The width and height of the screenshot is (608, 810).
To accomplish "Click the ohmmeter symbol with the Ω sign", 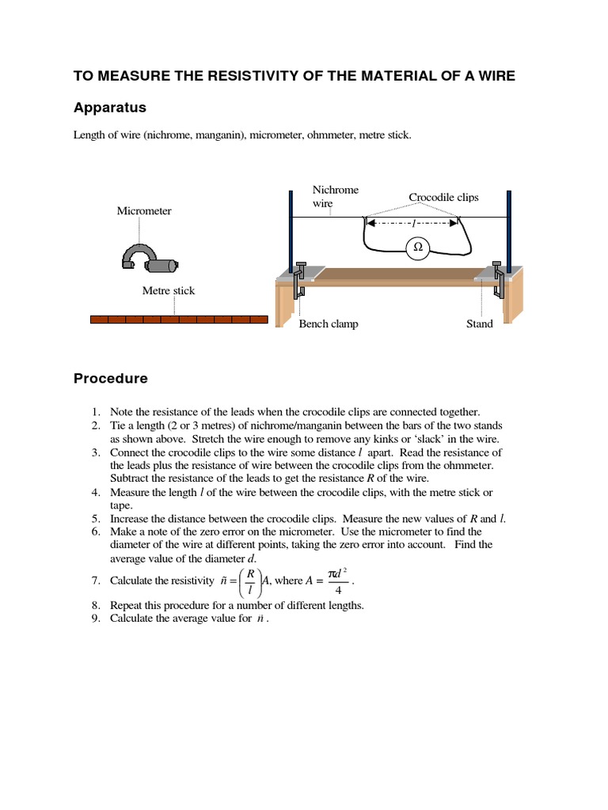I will click(417, 248).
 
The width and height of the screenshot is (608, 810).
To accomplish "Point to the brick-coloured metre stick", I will click(179, 320).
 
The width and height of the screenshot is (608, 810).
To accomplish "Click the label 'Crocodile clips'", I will click(443, 197).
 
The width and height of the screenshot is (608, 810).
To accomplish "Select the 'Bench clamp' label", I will click(328, 324).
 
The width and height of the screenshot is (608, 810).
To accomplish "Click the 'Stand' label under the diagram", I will click(480, 324).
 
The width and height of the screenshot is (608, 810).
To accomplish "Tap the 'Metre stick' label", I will click(168, 290).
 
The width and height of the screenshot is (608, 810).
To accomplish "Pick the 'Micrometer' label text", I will click(144, 210).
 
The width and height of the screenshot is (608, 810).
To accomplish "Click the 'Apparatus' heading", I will click(110, 108).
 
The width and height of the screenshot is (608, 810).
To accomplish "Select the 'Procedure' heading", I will click(111, 378).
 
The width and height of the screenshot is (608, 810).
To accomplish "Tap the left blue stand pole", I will click(291, 229).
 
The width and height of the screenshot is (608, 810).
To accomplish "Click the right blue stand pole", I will click(508, 229).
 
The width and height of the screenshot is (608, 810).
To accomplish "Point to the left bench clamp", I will click(299, 280).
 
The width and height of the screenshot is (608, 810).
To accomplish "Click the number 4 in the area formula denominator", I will click(338, 589).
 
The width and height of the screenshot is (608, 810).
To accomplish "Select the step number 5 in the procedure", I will click(95, 519).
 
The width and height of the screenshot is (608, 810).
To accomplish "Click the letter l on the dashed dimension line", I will click(412, 225).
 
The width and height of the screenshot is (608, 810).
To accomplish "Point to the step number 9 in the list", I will click(95, 619).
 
